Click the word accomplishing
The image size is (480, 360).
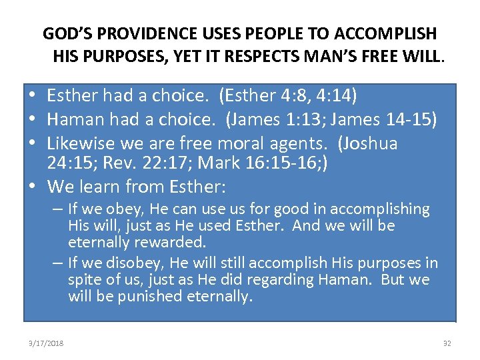tap(375, 209)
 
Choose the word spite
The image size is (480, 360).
tap(85, 279)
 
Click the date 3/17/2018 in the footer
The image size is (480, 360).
tap(47, 343)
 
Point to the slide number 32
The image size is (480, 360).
tap(447, 343)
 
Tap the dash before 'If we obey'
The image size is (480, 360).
tap(58, 209)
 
